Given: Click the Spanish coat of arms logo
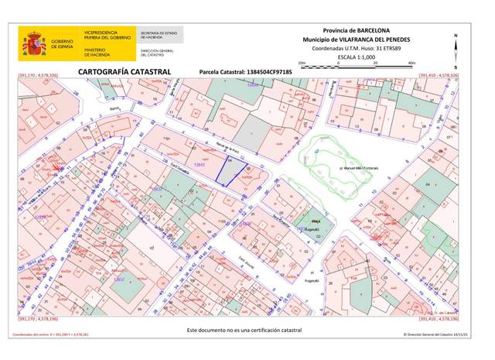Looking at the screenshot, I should (33, 44).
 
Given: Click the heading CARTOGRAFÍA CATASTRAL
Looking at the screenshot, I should (114, 70).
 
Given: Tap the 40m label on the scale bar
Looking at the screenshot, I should (411, 63).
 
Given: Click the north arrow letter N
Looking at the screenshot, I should (456, 36).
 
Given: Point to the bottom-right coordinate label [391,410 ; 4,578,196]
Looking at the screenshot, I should (438, 318).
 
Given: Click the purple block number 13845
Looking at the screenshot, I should (200, 165).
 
